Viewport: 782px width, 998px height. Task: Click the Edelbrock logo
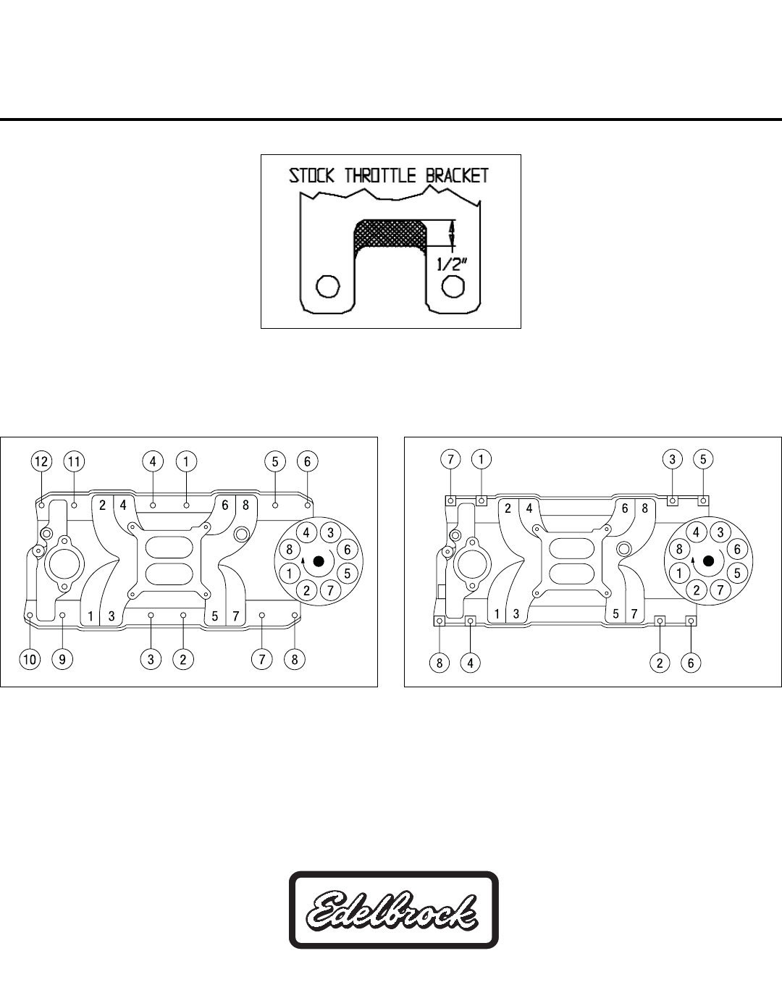(393, 910)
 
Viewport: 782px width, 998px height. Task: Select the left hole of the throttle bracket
(328, 286)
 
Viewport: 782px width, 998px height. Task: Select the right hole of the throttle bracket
(453, 286)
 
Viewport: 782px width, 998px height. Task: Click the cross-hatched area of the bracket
(390, 233)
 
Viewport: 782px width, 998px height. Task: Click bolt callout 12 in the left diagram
(41, 461)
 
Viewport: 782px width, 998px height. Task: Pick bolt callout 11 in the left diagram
(73, 461)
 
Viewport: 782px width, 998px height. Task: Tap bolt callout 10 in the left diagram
(30, 659)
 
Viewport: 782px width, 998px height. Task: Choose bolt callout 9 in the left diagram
(62, 659)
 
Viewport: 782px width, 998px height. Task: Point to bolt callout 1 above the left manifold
(186, 461)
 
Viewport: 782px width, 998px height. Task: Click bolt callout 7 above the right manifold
(450, 458)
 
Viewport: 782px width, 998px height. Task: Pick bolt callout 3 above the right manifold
(673, 458)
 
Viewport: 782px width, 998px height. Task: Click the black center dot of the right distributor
(708, 561)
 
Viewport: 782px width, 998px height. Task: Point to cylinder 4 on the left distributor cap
(307, 532)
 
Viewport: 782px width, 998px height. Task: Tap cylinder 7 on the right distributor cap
(720, 590)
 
